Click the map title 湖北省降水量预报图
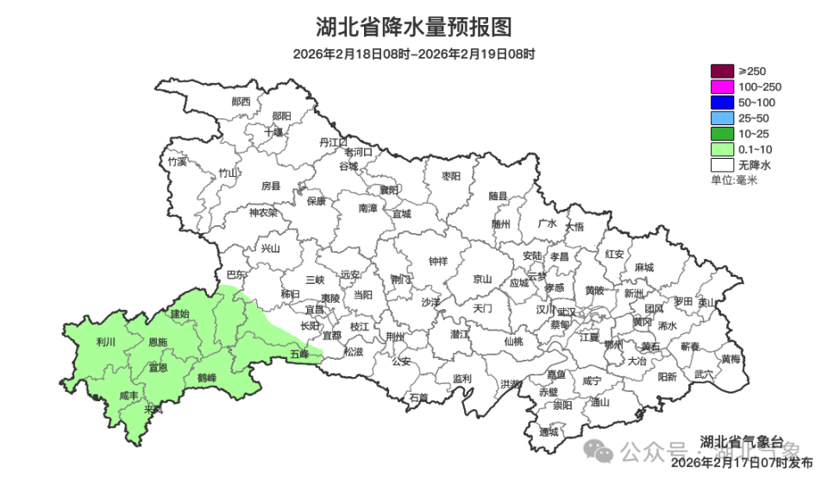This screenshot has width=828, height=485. [x=413, y=28]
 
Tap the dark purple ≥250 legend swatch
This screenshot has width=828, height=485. [x=721, y=71]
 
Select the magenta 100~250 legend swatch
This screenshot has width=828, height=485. [x=721, y=86]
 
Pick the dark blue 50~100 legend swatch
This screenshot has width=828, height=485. [x=721, y=102]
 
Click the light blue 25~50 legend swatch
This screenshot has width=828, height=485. [x=721, y=117]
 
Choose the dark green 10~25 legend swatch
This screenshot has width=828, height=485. [x=721, y=133]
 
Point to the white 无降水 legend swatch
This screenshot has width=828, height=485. [x=721, y=164]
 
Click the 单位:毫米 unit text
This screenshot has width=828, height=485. [x=733, y=180]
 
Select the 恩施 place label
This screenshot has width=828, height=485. [x=158, y=343]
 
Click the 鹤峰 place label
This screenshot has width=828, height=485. [x=206, y=377]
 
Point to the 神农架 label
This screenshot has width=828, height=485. [x=263, y=212]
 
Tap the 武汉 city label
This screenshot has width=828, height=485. [x=567, y=312]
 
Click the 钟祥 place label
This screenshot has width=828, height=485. [x=438, y=261]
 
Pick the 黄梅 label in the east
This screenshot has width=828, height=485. [x=731, y=359]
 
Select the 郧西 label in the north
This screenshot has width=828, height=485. [x=241, y=101]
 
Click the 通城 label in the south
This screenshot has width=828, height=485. [x=549, y=431]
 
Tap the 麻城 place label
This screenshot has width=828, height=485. [x=643, y=268]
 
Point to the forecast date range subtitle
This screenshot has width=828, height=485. [x=413, y=54]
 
